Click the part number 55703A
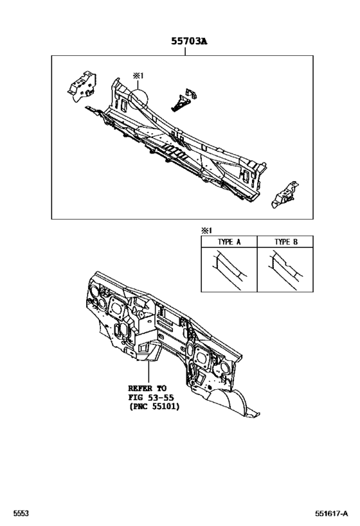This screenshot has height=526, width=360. tap(189, 41)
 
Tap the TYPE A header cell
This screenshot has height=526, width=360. tap(229, 241)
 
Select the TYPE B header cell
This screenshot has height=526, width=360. tap(285, 241)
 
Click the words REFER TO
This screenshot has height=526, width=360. tap(147, 389)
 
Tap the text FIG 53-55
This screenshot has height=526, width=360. tap(151, 398)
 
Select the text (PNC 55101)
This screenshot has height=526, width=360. tap(154, 407)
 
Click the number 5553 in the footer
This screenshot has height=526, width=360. tap(21, 513)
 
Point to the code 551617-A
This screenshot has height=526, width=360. tap(332, 513)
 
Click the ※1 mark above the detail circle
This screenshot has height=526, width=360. tap(138, 76)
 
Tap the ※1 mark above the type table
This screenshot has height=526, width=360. tap(206, 231)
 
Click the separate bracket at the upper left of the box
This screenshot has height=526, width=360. tap(82, 86)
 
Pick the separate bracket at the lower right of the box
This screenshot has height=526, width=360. tap(285, 195)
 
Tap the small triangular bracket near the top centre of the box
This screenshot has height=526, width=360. tap(183, 100)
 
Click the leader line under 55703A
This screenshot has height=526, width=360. tap(185, 51)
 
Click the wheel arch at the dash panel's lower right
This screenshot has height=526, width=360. tap(235, 401)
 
